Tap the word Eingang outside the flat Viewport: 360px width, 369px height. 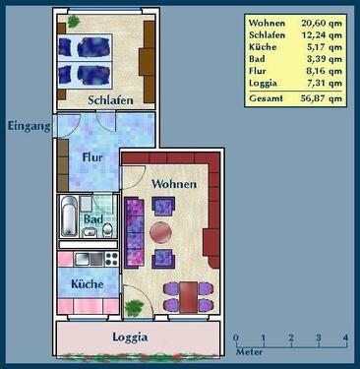[28, 125]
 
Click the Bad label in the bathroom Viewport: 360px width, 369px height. [91, 219]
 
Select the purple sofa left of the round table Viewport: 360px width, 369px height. [134, 233]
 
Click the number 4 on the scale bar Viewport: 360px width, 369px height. [344, 338]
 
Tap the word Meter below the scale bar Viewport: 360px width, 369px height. [248, 350]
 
